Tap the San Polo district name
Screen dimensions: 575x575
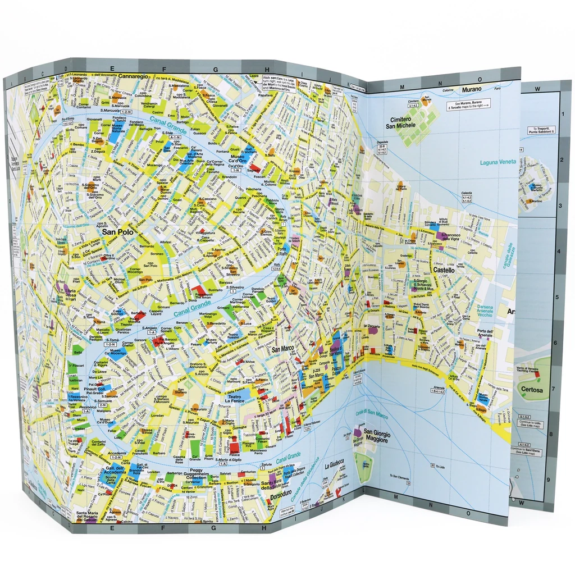coord(117,231)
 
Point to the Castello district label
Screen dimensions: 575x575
coord(444,270)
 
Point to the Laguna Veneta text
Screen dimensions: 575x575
coord(498,162)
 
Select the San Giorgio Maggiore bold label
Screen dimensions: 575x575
coord(376,436)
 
